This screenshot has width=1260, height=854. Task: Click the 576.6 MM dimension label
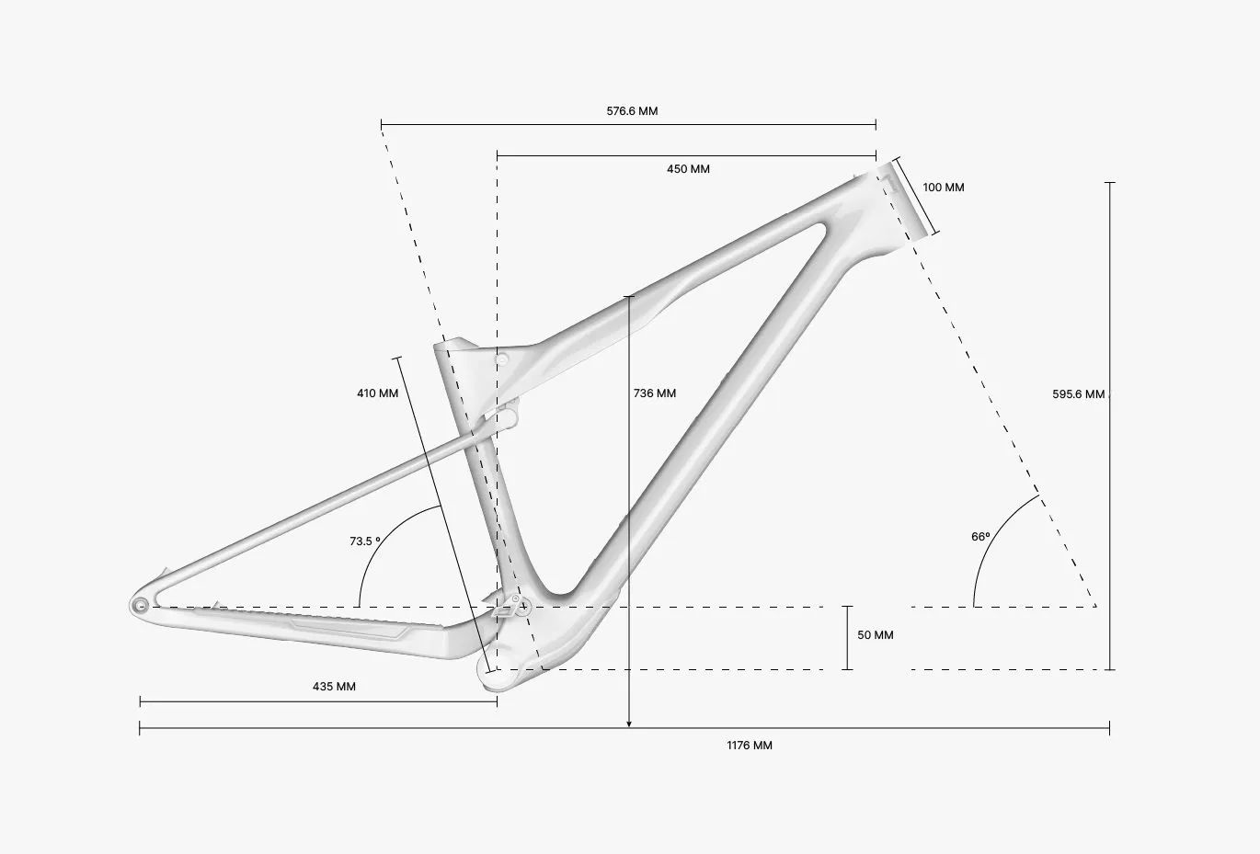pos(632,111)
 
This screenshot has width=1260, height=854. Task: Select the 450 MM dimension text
pos(688,169)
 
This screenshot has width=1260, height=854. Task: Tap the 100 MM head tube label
pos(943,188)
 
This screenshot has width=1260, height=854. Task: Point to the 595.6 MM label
pos(1078,394)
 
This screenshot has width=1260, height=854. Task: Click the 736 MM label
pos(655,393)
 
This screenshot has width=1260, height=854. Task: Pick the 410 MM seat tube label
pos(378,393)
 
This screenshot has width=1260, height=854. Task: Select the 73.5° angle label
pos(364,541)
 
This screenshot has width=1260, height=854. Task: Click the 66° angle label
pos(980,537)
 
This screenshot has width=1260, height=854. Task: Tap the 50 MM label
pos(875,635)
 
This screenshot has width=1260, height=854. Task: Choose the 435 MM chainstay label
pos(334,687)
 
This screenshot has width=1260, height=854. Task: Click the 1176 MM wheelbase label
pos(750,746)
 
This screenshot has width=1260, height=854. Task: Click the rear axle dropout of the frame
pos(141,605)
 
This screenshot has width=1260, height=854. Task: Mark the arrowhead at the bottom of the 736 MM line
pos(629,724)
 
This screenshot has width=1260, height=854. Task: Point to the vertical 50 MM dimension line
pos(848,637)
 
